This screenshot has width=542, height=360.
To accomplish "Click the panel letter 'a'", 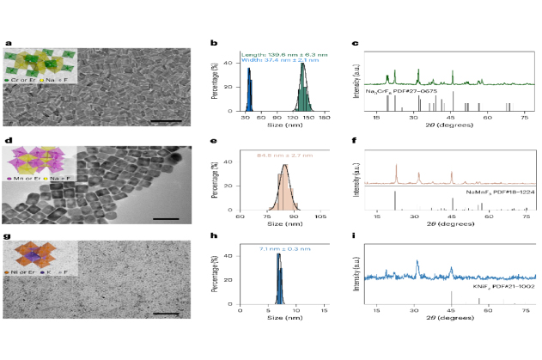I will click(x=8, y=43).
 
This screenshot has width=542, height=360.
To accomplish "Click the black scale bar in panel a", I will click(x=163, y=120).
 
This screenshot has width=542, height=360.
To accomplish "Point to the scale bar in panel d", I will click(x=166, y=218).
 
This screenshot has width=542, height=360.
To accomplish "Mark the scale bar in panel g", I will click(x=165, y=314).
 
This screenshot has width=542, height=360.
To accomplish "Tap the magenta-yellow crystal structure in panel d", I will click(x=39, y=161).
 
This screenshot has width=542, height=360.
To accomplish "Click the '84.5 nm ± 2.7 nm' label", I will click(x=277, y=156).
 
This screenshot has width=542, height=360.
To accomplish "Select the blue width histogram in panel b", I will click(x=250, y=91).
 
